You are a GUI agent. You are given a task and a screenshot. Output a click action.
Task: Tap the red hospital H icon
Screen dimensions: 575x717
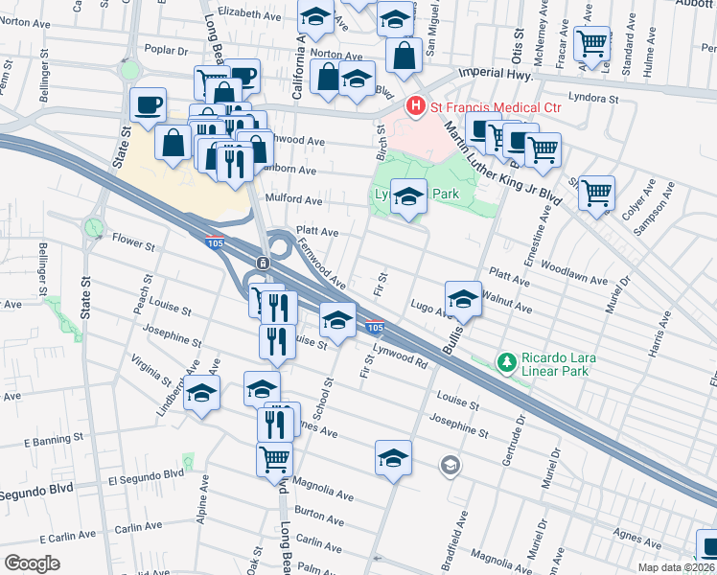(x=416, y=105)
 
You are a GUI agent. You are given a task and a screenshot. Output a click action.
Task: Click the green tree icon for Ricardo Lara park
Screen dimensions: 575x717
(x=507, y=362)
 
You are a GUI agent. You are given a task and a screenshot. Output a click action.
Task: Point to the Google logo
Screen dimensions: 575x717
(x=32, y=563)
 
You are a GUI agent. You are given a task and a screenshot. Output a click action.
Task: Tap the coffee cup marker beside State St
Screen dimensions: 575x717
(x=148, y=104)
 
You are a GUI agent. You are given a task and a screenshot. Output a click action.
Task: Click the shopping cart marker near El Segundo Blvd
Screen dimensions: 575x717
(x=274, y=459)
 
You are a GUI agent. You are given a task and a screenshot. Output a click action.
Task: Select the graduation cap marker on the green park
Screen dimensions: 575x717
(x=408, y=196)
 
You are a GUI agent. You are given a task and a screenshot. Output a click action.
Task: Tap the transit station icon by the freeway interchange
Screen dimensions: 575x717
(x=262, y=264)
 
